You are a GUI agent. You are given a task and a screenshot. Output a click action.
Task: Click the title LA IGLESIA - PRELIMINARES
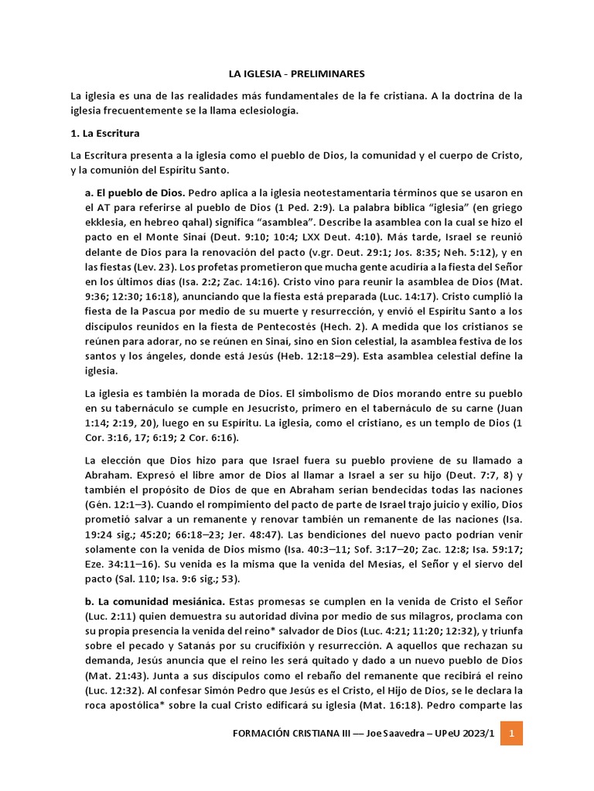296,73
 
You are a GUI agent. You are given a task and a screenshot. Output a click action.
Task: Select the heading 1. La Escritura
104,134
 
